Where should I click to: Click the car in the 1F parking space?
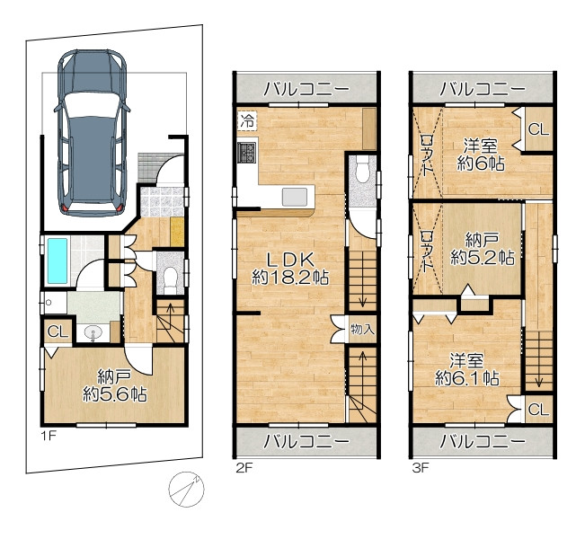tap(93, 132)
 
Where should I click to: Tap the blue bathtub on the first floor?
tap(58, 261)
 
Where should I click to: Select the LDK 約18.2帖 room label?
tap(290, 269)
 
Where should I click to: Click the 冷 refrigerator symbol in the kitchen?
tap(247, 121)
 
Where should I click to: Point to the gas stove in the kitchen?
tap(246, 152)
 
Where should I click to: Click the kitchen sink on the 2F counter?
tap(295, 197)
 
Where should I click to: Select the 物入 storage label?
tap(362, 330)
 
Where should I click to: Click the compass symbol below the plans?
tap(187, 489)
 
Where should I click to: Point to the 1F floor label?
tap(49, 436)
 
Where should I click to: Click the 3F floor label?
tap(421, 468)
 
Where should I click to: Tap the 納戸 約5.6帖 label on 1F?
tap(114, 385)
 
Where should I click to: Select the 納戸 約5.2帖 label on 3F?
tap(483, 249)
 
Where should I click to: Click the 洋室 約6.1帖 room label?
tap(466, 370)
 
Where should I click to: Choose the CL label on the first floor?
tap(58, 331)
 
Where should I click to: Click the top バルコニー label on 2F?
tap(306, 89)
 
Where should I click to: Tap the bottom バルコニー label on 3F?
tap(483, 442)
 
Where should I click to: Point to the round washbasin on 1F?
tap(93, 332)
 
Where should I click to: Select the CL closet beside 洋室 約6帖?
tap(538, 129)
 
